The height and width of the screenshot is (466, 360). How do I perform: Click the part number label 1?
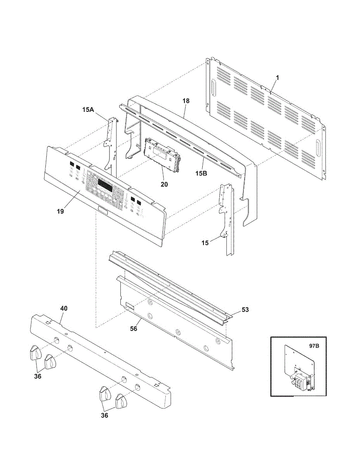click(277, 78)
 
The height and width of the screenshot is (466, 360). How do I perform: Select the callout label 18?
click(186, 101)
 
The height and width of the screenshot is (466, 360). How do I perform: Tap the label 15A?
click(88, 110)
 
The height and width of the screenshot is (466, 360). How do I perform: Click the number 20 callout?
click(164, 184)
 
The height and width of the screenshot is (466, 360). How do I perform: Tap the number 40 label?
click(64, 308)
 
